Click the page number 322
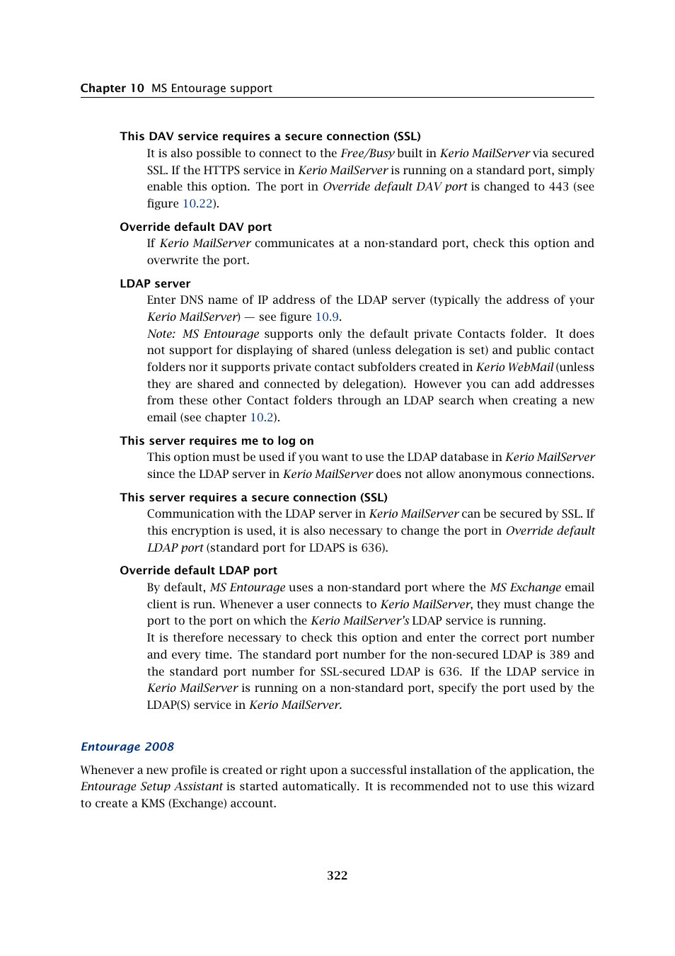[x=337, y=875]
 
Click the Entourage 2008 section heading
[x=127, y=746]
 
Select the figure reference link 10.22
[x=197, y=204]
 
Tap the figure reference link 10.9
[x=326, y=317]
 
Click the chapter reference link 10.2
[x=262, y=418]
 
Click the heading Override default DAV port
[x=195, y=227]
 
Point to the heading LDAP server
[x=155, y=283]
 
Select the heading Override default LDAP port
[x=198, y=570]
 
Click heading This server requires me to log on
[x=217, y=440]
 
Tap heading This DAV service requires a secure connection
[x=270, y=136]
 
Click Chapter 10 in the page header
[x=112, y=88]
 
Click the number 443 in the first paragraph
[x=558, y=187]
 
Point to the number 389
[x=559, y=655]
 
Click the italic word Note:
[x=161, y=334]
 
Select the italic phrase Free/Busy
[x=367, y=154]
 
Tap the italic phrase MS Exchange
[x=525, y=588]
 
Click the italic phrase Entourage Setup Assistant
[x=151, y=787]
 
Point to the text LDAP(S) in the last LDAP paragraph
[x=168, y=705]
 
